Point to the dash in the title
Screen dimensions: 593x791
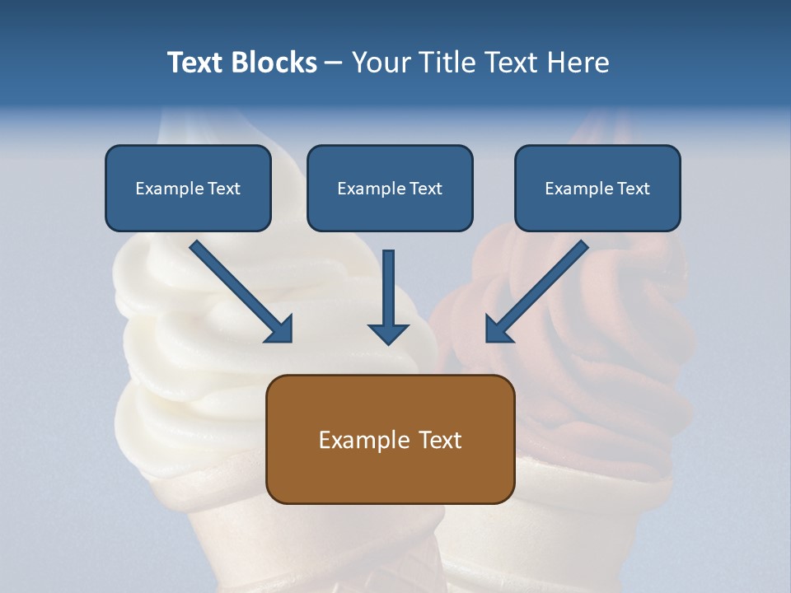click(x=334, y=63)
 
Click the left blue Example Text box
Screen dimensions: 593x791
click(x=188, y=188)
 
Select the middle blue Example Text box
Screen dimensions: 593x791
click(x=390, y=188)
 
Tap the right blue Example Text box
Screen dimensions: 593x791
click(x=597, y=188)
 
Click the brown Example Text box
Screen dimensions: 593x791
click(x=390, y=439)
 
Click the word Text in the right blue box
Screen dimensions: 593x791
click(x=633, y=189)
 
